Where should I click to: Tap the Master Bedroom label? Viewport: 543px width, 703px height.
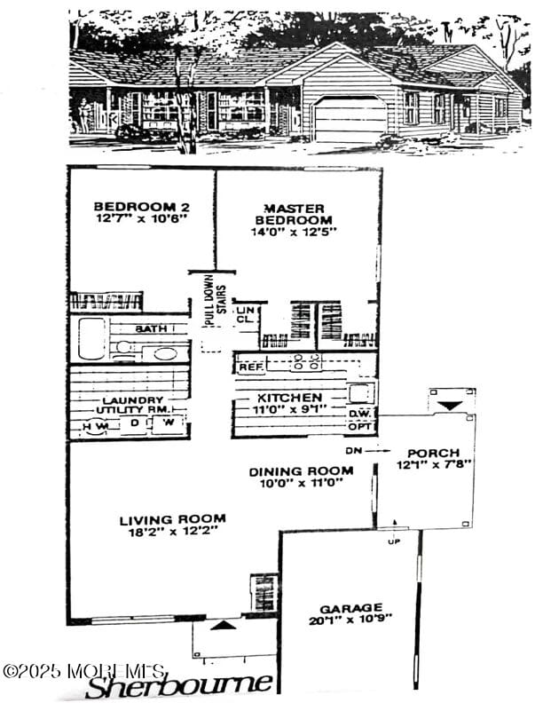click(294, 214)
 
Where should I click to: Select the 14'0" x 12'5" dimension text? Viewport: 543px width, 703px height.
click(294, 231)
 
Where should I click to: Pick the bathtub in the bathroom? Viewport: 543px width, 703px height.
click(91, 338)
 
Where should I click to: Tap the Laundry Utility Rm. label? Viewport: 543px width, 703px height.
click(131, 405)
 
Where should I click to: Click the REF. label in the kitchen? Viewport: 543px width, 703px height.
click(251, 366)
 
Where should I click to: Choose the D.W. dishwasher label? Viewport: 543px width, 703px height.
click(359, 413)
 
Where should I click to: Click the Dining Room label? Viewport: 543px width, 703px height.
click(301, 471)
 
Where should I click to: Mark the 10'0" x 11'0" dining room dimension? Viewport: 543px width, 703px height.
click(301, 485)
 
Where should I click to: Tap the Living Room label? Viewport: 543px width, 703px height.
click(173, 518)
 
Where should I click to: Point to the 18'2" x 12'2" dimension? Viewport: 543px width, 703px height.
click(173, 532)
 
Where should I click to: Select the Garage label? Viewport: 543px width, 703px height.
click(352, 608)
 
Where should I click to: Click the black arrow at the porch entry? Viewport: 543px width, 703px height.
click(451, 405)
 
